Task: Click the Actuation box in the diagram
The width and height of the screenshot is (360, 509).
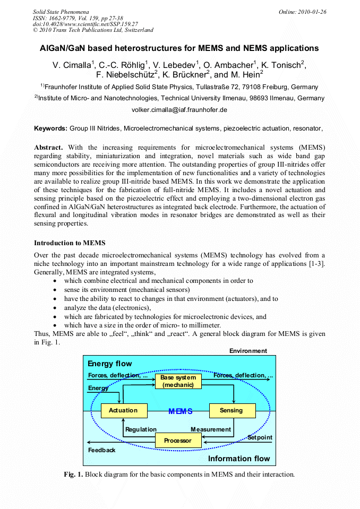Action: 123,410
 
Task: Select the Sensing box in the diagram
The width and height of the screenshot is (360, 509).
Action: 231,410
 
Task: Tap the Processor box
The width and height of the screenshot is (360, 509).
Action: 177,441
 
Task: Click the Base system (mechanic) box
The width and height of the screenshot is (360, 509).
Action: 178,381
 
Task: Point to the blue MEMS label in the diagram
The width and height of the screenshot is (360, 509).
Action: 180,411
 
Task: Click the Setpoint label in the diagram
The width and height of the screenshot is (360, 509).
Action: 260,437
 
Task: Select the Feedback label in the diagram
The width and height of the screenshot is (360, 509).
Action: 101,450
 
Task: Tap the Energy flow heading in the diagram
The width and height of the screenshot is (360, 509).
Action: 110,364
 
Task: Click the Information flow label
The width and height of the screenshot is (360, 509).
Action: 239,459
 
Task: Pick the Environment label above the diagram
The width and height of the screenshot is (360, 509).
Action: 248,351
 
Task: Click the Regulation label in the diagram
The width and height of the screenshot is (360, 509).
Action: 141,429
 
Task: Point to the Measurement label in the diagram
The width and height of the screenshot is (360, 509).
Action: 211,429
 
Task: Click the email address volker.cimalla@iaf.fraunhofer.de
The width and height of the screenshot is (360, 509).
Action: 179,110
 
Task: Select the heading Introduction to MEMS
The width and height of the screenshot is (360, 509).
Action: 66,243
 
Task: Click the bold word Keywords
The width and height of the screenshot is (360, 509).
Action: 50,128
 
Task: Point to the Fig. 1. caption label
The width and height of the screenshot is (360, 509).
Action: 73,474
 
